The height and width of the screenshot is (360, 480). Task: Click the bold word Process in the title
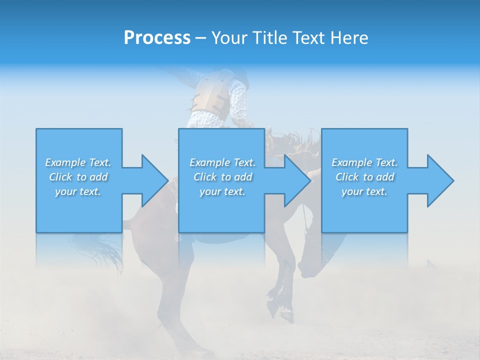click(157, 38)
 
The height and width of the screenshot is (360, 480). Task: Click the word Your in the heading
click(227, 38)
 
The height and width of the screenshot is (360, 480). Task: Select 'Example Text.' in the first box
click(78, 162)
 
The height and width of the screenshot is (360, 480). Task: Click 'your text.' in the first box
click(78, 191)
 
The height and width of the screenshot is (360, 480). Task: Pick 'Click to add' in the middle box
click(222, 177)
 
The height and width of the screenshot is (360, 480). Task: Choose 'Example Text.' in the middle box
click(222, 162)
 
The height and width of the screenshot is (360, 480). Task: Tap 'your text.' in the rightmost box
click(364, 191)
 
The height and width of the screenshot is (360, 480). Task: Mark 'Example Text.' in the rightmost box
click(364, 162)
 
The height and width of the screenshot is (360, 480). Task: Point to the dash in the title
click(200, 38)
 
